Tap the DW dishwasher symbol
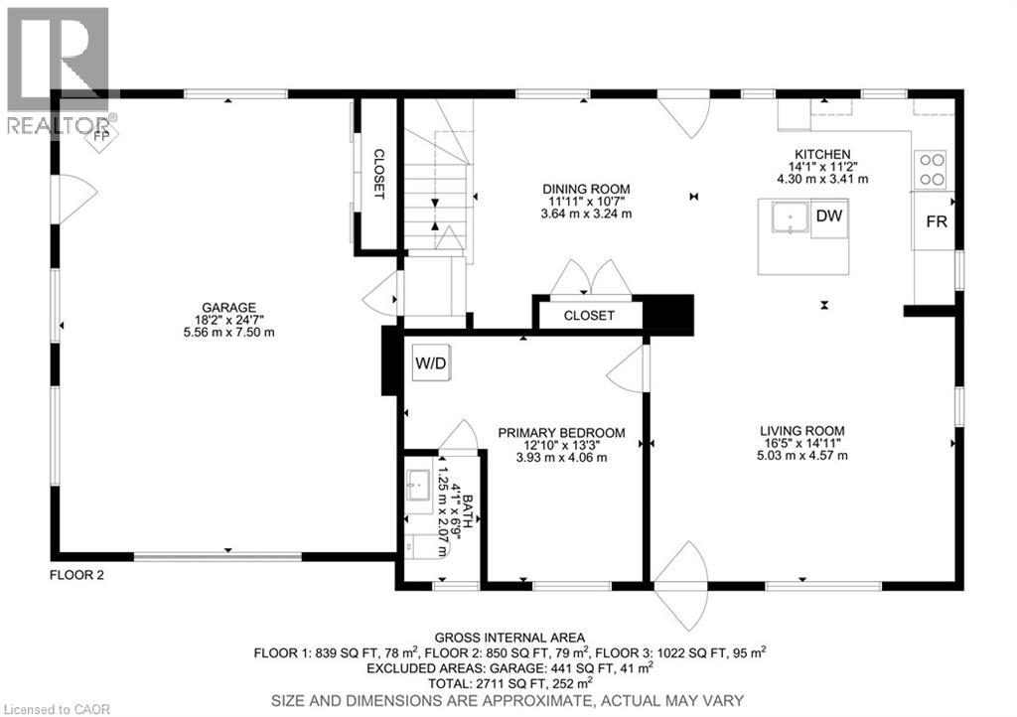click(826, 215)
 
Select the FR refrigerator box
click(936, 221)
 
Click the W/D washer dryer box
click(431, 363)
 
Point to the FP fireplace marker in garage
click(101, 137)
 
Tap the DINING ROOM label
click(585, 189)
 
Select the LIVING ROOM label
click(802, 430)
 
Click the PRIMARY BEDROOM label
click(561, 432)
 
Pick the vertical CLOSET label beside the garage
click(378, 174)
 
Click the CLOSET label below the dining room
click(589, 316)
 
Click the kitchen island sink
click(791, 215)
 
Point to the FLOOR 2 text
click(76, 574)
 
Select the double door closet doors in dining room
click(591, 278)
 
